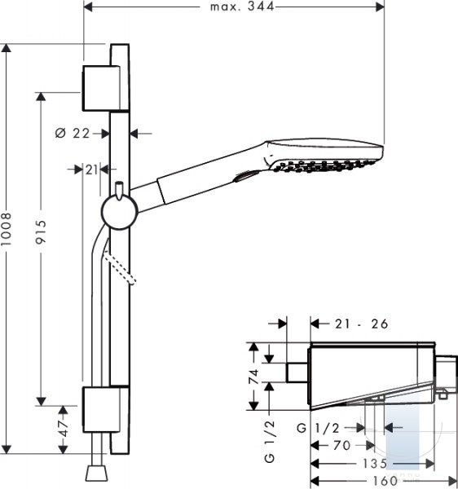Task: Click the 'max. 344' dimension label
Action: pos(242,7)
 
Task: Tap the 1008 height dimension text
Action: pos(6,229)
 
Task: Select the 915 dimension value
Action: pos(41,231)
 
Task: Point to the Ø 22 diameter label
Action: pos(73,133)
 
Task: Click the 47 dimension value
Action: pos(64,428)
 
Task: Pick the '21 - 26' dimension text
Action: pos(362,324)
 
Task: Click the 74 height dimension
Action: pos(254,376)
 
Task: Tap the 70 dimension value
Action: pos(341,445)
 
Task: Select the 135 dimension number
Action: pos(374,464)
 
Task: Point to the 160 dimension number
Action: pos(385,481)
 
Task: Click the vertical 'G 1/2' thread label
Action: pos(270,441)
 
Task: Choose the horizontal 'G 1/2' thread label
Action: pos(318,428)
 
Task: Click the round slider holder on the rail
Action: pos(120,212)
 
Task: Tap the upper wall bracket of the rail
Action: pos(101,88)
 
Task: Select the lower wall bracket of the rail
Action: pos(101,409)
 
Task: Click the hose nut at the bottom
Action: pos(97,473)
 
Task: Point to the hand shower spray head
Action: pos(324,155)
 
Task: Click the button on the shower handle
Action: pos(247,176)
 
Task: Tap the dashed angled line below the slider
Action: pos(120,268)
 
